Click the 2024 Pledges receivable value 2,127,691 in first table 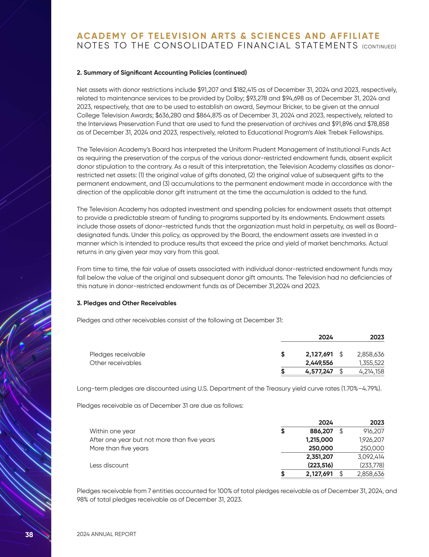(319, 354)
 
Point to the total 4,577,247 (319, 371)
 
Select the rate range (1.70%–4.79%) (361, 388)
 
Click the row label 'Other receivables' (115, 363)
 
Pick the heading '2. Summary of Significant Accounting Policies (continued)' (162, 73)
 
